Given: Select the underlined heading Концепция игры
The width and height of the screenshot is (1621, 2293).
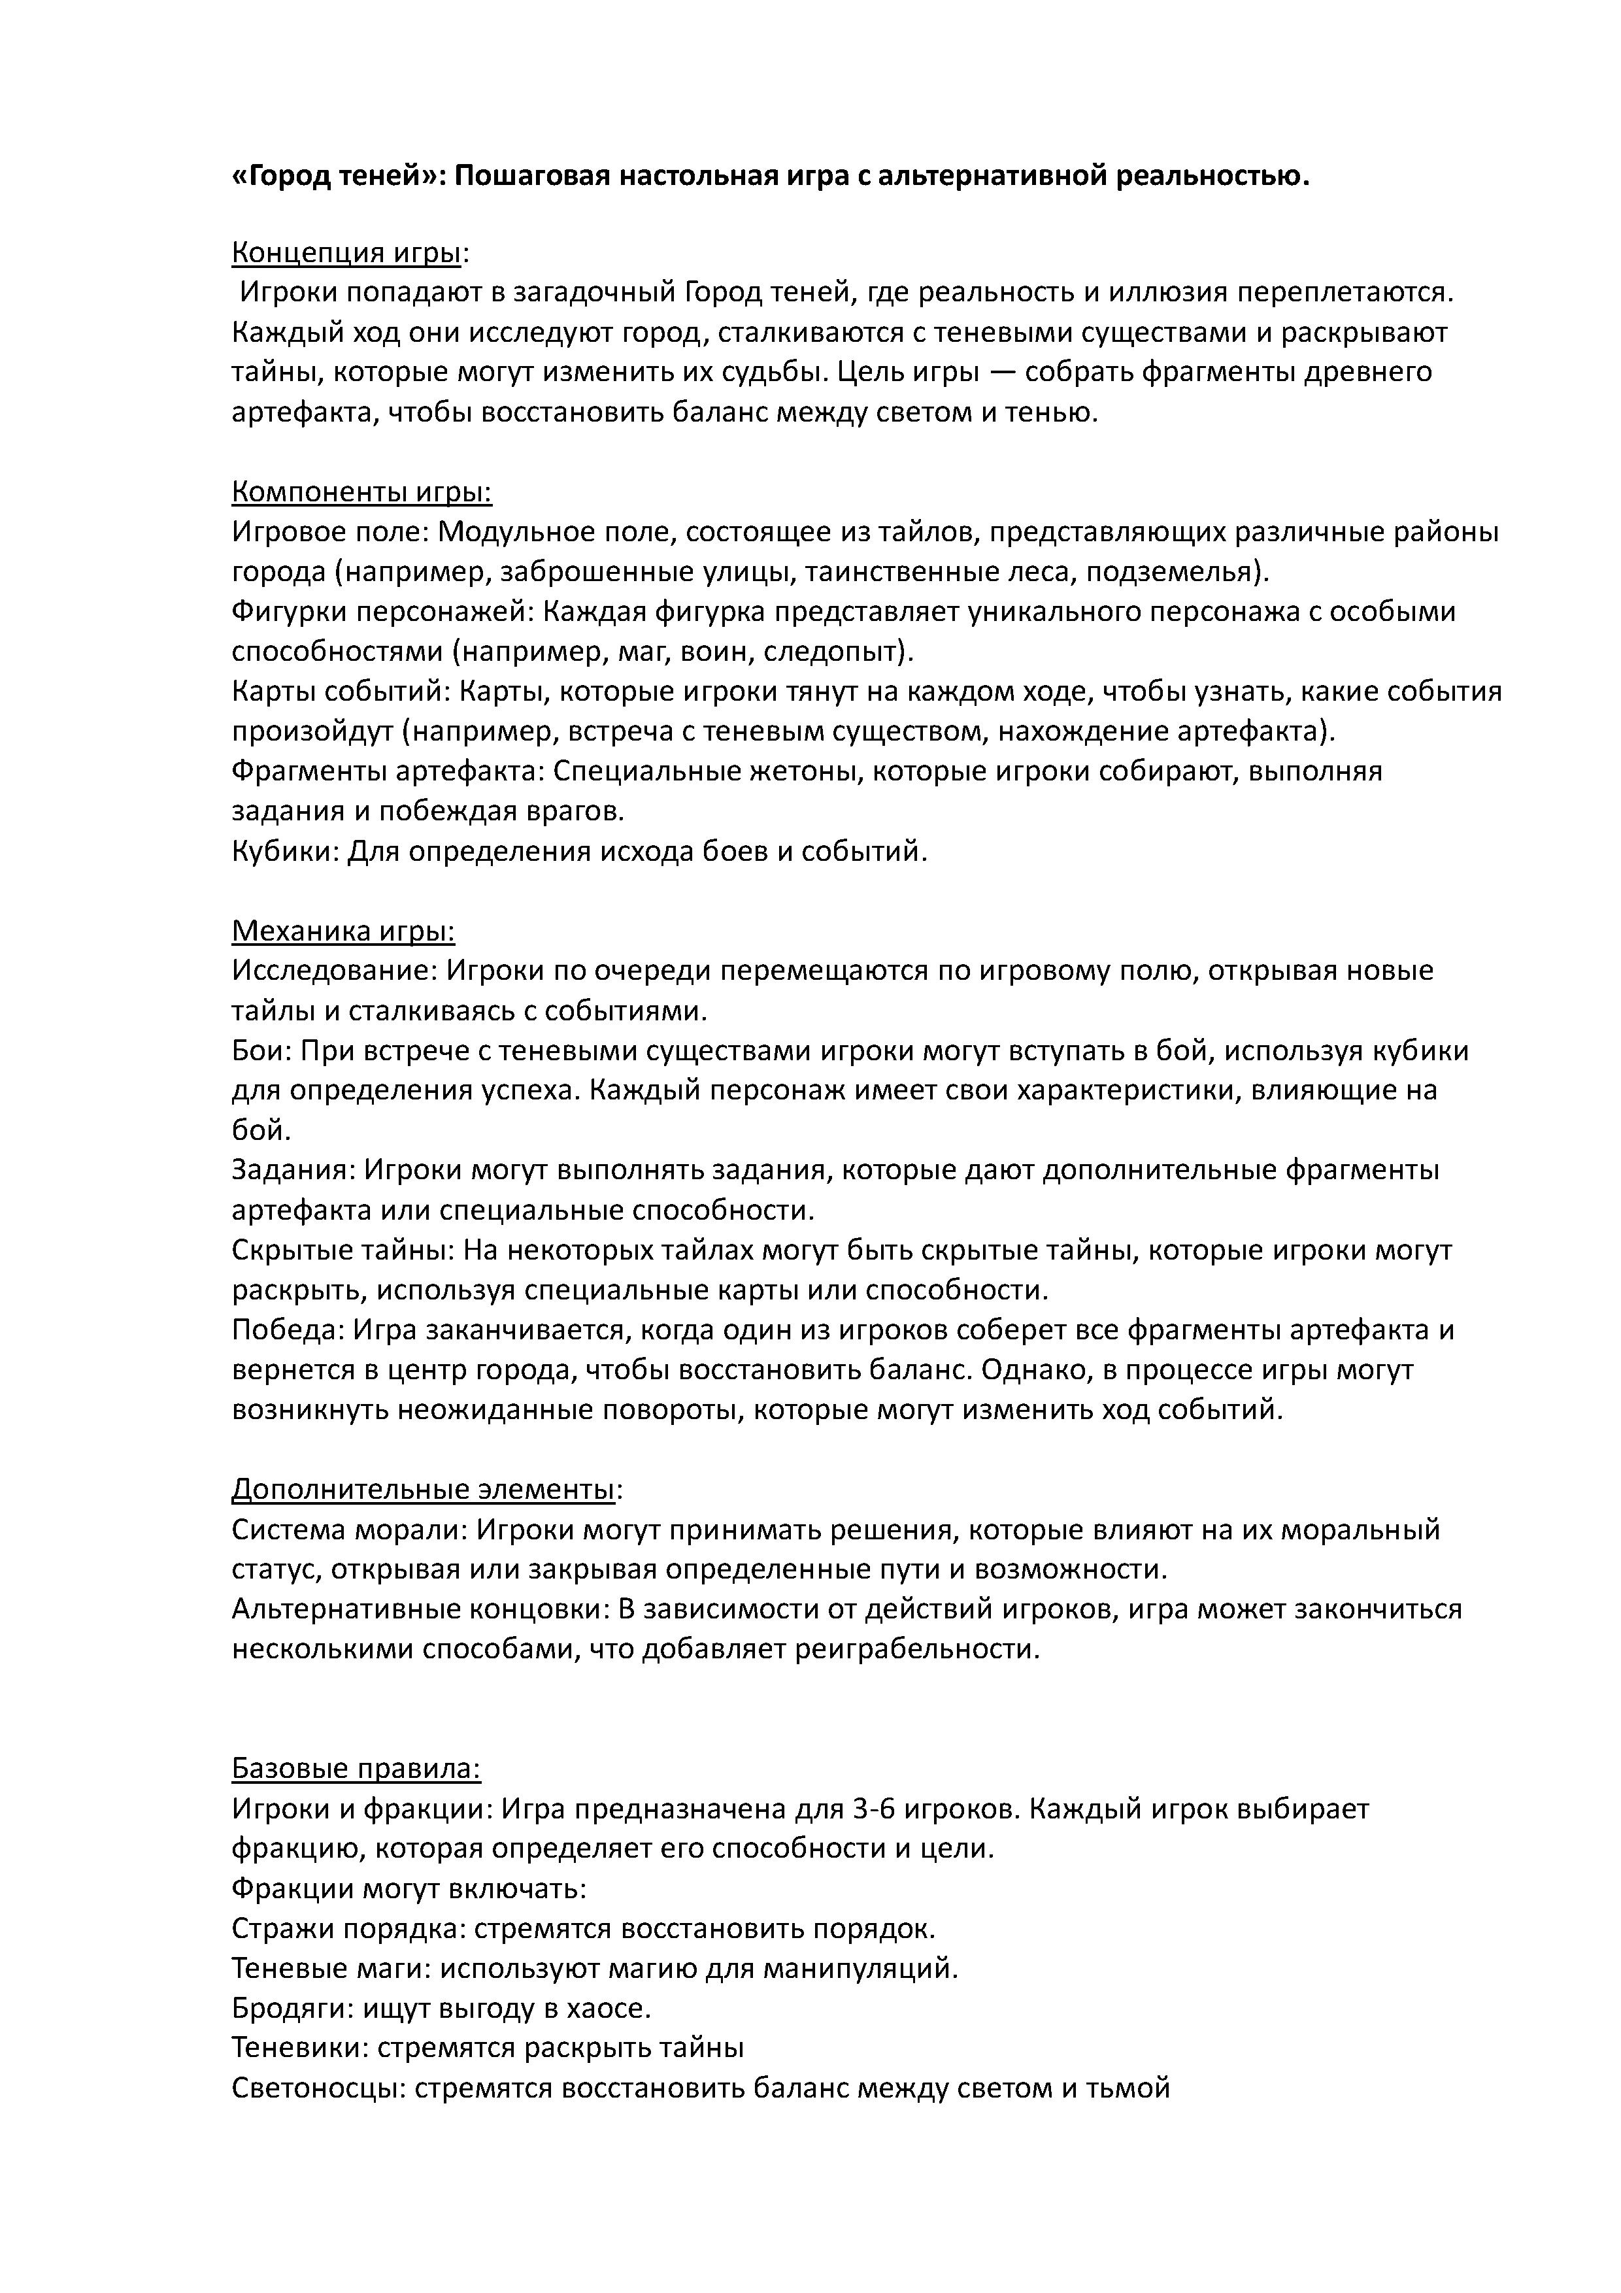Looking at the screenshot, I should [346, 253].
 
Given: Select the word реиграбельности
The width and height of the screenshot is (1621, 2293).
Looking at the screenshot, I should [917, 1649].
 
